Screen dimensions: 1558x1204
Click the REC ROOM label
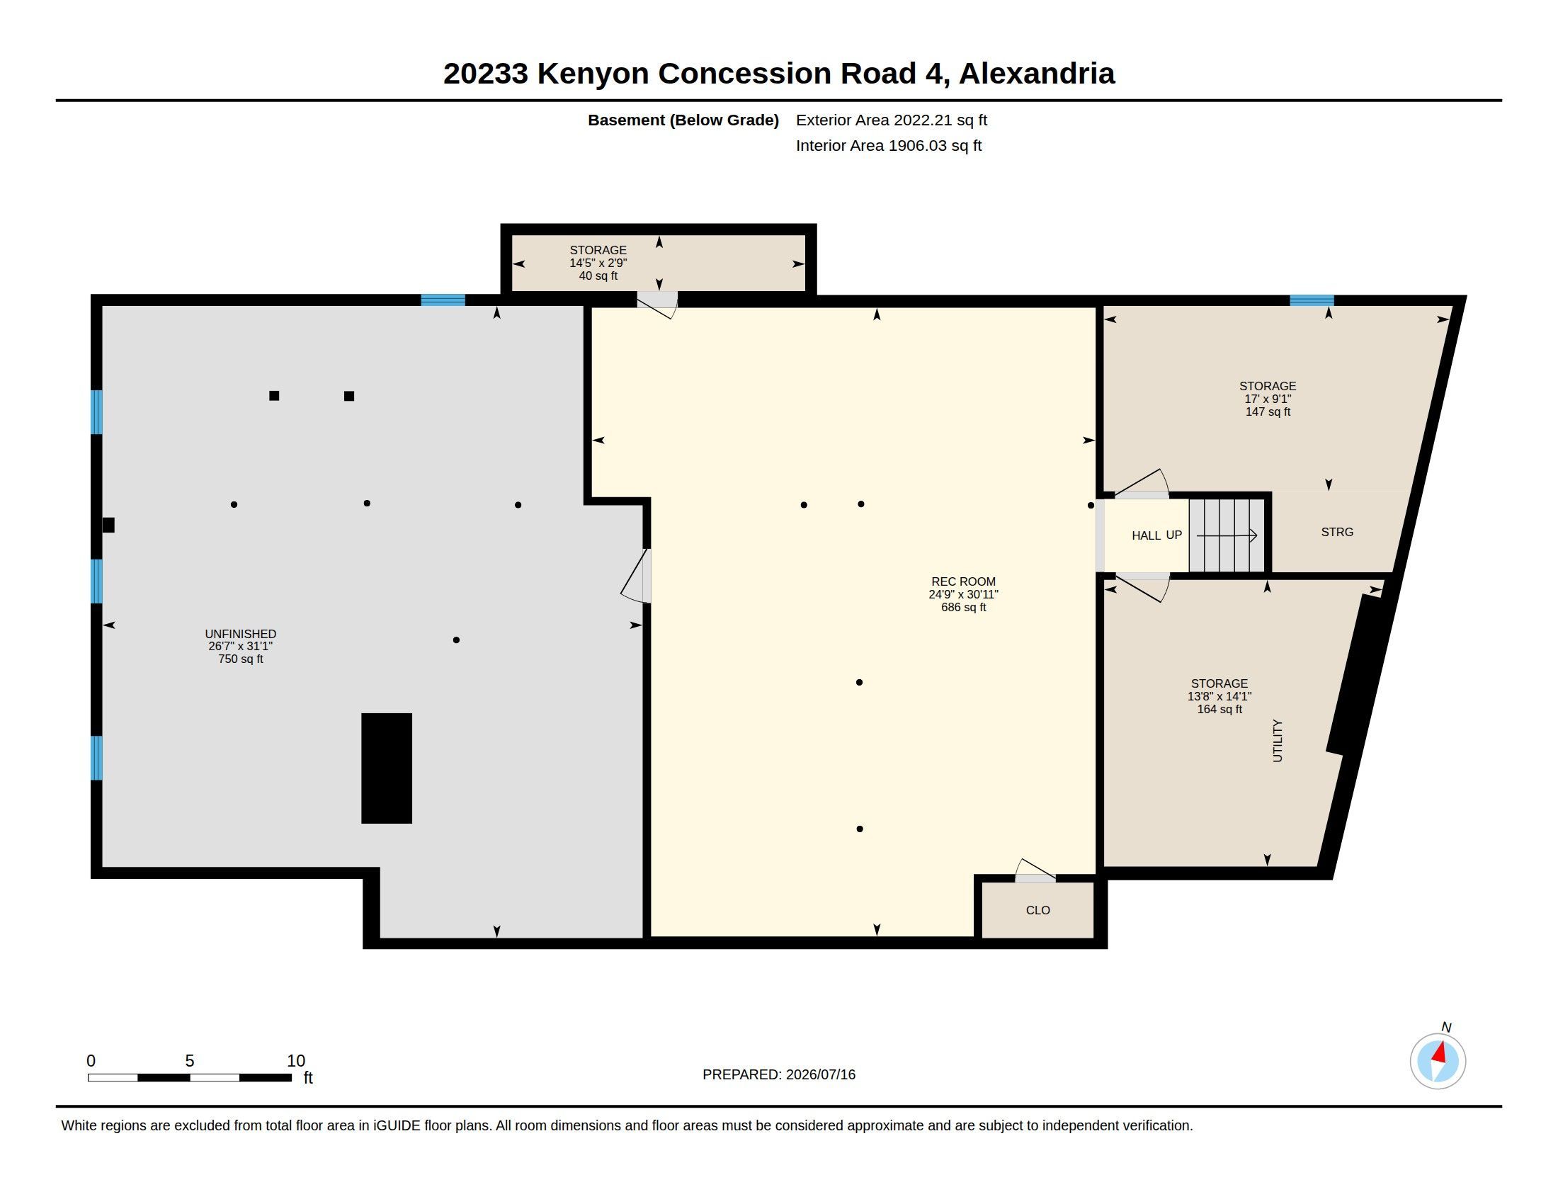point(963,581)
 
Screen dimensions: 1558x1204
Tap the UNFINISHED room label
point(240,633)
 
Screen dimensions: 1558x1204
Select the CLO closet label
point(1038,910)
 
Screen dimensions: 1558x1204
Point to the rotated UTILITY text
point(1277,740)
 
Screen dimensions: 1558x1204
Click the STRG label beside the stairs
point(1337,532)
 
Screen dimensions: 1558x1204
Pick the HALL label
point(1146,535)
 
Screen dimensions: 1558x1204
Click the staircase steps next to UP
point(1227,535)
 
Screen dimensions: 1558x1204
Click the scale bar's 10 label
point(295,1061)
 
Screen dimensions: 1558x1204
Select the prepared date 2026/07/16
point(820,1074)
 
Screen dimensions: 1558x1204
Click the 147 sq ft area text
point(1268,411)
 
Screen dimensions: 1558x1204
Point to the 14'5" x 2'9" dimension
point(598,263)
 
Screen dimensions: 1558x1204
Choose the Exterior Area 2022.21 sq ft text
point(891,120)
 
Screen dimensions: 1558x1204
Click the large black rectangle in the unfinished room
point(387,768)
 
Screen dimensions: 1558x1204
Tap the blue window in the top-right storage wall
point(1311,300)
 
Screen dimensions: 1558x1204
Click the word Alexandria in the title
point(1037,74)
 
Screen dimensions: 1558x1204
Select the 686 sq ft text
point(963,608)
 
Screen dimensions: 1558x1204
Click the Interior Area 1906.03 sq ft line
point(888,145)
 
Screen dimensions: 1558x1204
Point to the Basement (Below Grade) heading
point(683,120)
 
